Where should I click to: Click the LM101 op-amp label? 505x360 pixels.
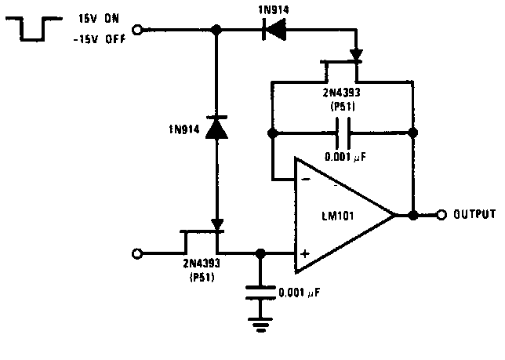[x=339, y=215]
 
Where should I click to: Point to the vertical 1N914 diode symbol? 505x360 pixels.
[x=216, y=127]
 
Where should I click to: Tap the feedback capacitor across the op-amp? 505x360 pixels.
[x=343, y=133]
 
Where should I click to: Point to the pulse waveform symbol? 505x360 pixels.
[x=34, y=29]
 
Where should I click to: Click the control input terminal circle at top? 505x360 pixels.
[x=138, y=31]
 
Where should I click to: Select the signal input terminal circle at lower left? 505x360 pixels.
[x=138, y=253]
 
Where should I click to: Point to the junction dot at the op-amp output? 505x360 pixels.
[x=413, y=214]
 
